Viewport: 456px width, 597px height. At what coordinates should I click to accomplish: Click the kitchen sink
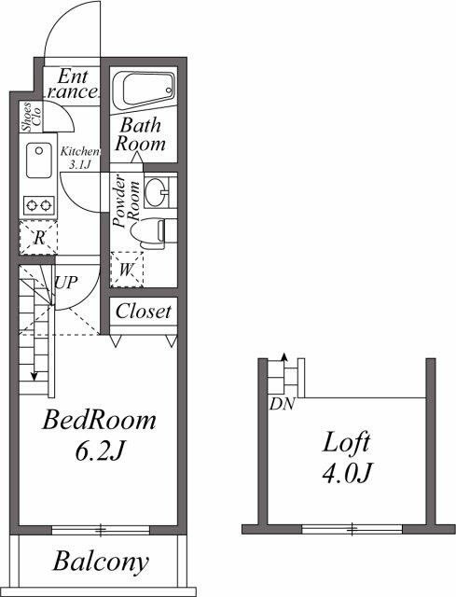pyautogui.click(x=39, y=162)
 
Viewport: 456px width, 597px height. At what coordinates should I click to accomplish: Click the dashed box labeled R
pyautogui.click(x=38, y=237)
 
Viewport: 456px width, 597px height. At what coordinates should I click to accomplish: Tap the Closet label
pyautogui.click(x=143, y=312)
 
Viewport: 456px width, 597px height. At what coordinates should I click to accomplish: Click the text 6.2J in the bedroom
pyautogui.click(x=99, y=452)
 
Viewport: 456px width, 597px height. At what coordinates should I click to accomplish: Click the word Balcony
pyautogui.click(x=101, y=562)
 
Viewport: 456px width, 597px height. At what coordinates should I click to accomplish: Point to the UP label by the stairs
pyautogui.click(x=65, y=281)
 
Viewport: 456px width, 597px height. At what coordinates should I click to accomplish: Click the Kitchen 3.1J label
pyautogui.click(x=80, y=157)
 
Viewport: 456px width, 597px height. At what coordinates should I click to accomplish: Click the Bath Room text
pyautogui.click(x=140, y=134)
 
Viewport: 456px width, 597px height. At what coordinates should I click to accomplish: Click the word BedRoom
pyautogui.click(x=100, y=421)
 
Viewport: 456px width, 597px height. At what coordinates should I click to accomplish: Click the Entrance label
pyautogui.click(x=74, y=84)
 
